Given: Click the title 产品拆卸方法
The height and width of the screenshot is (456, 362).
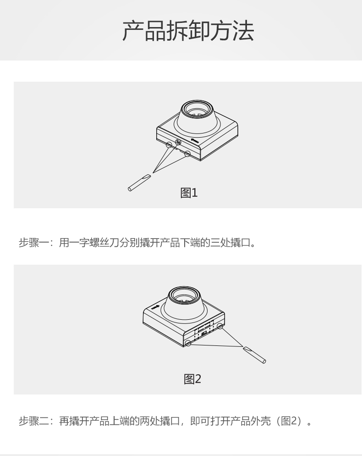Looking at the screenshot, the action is click(x=188, y=31).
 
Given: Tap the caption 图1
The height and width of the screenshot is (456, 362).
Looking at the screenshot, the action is click(x=189, y=193).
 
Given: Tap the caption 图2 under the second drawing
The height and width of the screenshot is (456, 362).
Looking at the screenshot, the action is click(x=192, y=379).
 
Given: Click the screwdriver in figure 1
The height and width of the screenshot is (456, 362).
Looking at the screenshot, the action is click(x=139, y=183).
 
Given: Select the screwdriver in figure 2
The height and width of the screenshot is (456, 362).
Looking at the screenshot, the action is click(x=254, y=355).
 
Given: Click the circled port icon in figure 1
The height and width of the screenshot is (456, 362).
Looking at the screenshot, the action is click(x=178, y=142).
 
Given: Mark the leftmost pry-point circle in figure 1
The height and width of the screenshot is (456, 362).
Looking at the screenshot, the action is click(x=169, y=144).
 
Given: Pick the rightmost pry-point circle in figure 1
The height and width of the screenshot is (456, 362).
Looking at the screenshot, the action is click(x=187, y=153).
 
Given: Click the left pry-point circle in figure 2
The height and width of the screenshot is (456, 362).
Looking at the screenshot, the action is click(x=188, y=343).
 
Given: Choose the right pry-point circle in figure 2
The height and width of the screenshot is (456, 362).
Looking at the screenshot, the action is click(x=220, y=326).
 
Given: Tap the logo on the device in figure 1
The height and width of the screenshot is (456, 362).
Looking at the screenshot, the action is click(x=195, y=141).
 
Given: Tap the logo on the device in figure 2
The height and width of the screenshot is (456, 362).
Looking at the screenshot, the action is click(x=155, y=307).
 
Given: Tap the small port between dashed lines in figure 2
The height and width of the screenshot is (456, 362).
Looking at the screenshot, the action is click(x=204, y=333).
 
